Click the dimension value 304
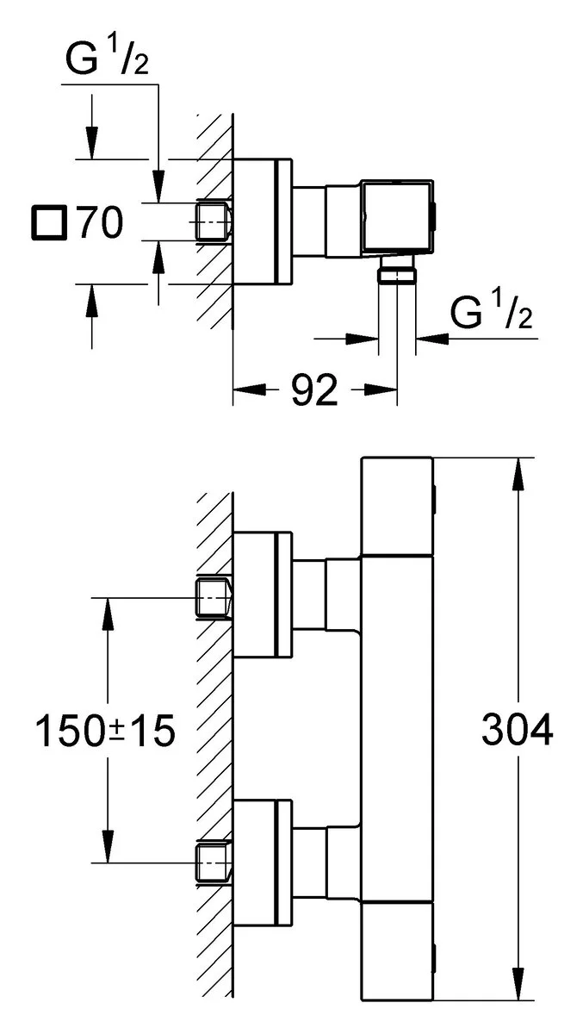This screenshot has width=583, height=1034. click(x=517, y=732)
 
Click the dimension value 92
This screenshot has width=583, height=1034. click(x=313, y=391)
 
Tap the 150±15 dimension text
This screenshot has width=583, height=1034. click(x=105, y=732)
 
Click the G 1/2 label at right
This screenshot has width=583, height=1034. click(x=492, y=315)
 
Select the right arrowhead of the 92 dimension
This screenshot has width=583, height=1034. click(x=387, y=390)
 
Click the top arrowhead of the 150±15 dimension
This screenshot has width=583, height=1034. click(x=106, y=609)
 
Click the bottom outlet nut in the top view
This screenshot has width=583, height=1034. click(x=398, y=274)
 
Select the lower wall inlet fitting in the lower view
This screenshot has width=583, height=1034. click(x=214, y=863)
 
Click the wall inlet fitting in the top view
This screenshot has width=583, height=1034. click(x=214, y=221)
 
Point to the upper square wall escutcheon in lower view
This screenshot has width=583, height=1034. click(x=263, y=595)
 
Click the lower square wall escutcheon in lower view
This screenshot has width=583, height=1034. click(x=263, y=862)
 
